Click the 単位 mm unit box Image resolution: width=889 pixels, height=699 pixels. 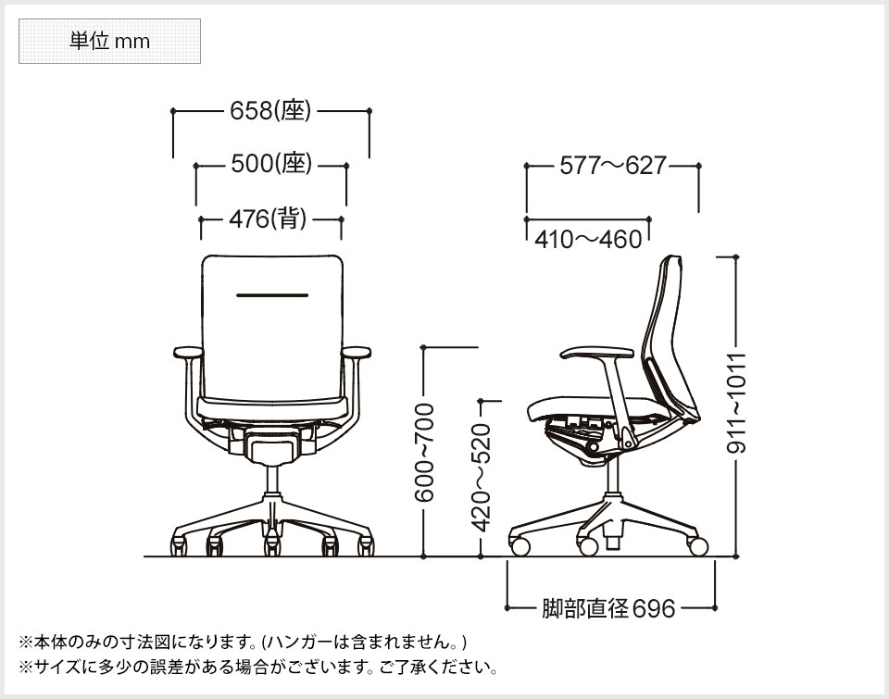(x=109, y=42)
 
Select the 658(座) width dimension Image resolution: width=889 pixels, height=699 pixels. (x=270, y=111)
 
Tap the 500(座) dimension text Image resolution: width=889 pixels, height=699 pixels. (x=271, y=164)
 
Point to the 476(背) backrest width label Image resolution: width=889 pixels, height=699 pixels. (x=268, y=218)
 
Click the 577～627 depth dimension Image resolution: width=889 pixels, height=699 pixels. (x=612, y=166)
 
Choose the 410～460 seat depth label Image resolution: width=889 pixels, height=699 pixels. (x=588, y=239)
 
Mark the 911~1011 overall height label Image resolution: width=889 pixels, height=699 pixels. (x=736, y=404)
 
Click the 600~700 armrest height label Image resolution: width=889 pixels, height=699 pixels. (x=424, y=453)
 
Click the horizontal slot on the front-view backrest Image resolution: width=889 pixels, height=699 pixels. (x=272, y=295)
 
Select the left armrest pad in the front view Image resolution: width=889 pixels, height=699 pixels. (x=188, y=353)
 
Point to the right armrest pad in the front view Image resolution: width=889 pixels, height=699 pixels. (x=357, y=353)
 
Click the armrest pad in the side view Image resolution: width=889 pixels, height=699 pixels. (x=597, y=353)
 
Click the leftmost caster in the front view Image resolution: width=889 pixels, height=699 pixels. (x=179, y=545)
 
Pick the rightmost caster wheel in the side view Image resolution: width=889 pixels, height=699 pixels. (x=698, y=546)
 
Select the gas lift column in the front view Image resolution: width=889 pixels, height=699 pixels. (x=272, y=481)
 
